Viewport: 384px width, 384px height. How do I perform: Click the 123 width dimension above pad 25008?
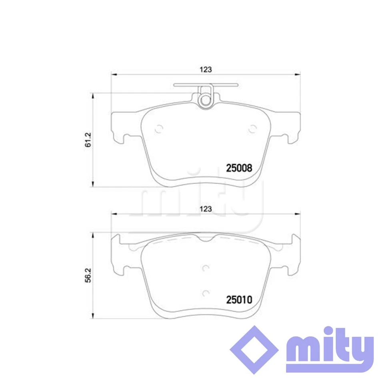tap(205, 69)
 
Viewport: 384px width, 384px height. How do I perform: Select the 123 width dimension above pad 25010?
tap(205, 208)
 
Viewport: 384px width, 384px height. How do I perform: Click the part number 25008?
tap(239, 168)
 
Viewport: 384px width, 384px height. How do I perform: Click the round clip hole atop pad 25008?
tap(206, 100)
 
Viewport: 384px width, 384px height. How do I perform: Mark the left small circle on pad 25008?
tap(159, 129)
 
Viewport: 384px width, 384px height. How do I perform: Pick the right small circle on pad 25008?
tap(252, 129)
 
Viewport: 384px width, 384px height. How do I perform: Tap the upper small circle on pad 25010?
tap(206, 268)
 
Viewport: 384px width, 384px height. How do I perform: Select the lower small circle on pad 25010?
tap(206, 293)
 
